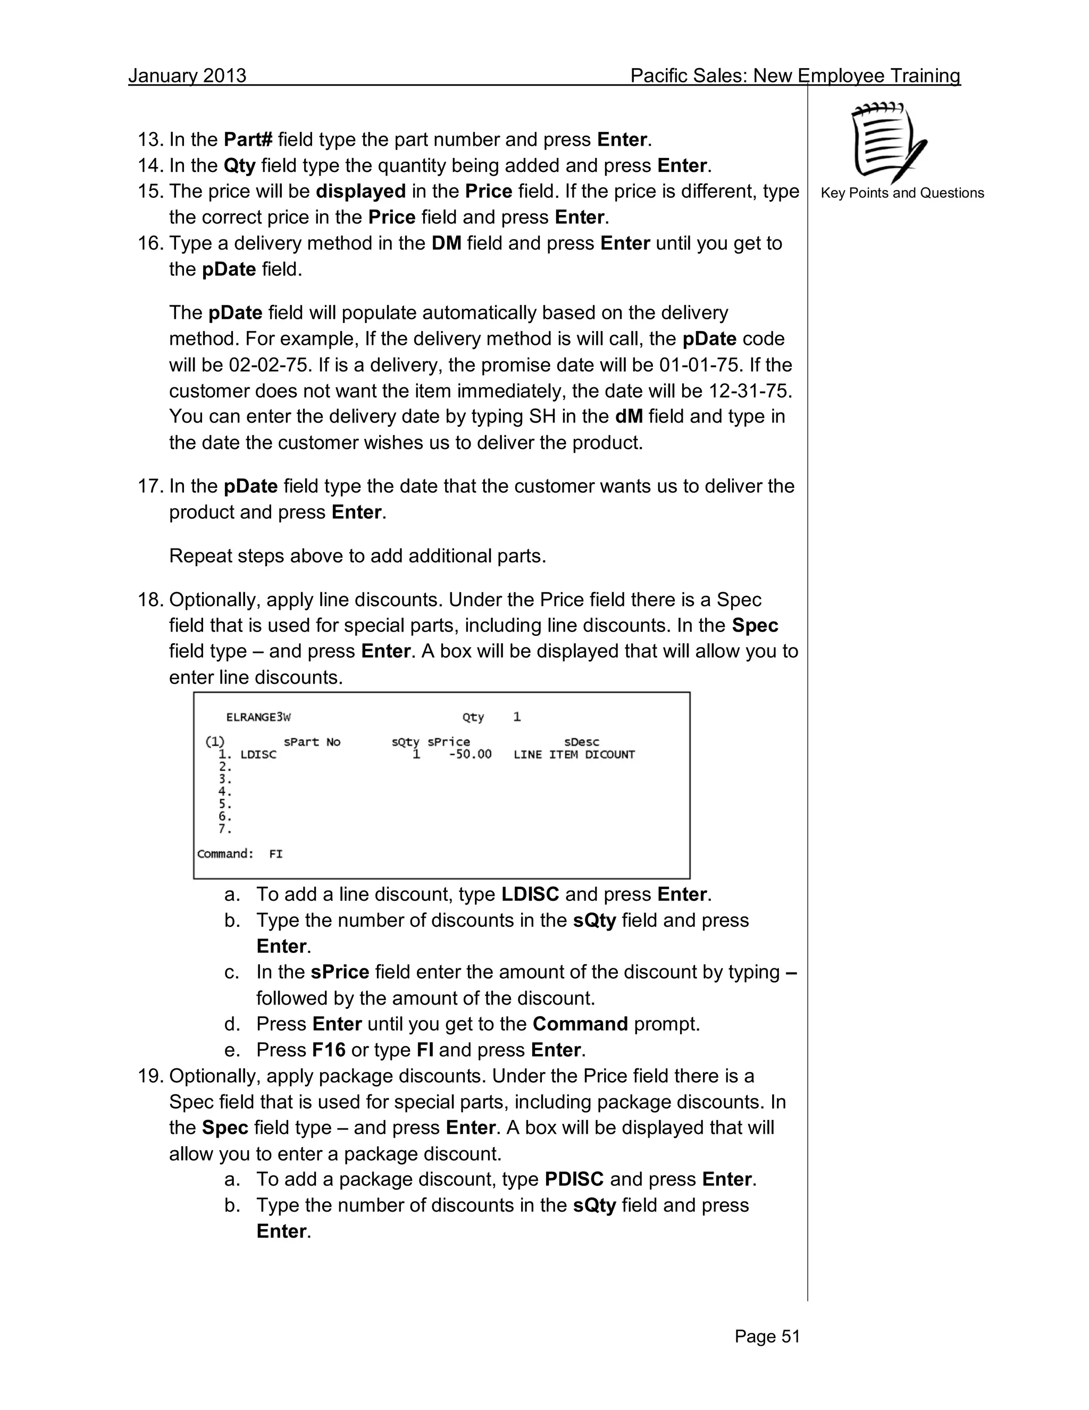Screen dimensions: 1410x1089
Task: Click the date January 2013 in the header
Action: click(187, 76)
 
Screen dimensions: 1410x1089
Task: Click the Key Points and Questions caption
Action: click(902, 193)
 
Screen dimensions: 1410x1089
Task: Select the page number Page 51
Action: click(767, 1337)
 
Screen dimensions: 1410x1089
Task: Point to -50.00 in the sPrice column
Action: click(470, 754)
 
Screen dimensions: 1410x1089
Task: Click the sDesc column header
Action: click(581, 742)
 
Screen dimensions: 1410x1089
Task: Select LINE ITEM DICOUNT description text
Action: click(574, 754)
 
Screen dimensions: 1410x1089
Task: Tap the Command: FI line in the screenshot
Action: click(240, 854)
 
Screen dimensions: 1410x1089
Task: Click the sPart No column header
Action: click(312, 742)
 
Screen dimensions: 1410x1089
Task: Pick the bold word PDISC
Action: click(574, 1180)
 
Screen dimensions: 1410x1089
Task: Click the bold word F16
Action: click(329, 1050)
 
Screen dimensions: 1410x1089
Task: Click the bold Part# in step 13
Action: click(248, 139)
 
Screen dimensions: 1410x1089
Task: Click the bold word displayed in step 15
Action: click(360, 191)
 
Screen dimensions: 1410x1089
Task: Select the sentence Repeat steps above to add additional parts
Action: click(357, 556)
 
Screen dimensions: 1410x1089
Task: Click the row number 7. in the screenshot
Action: click(224, 829)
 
